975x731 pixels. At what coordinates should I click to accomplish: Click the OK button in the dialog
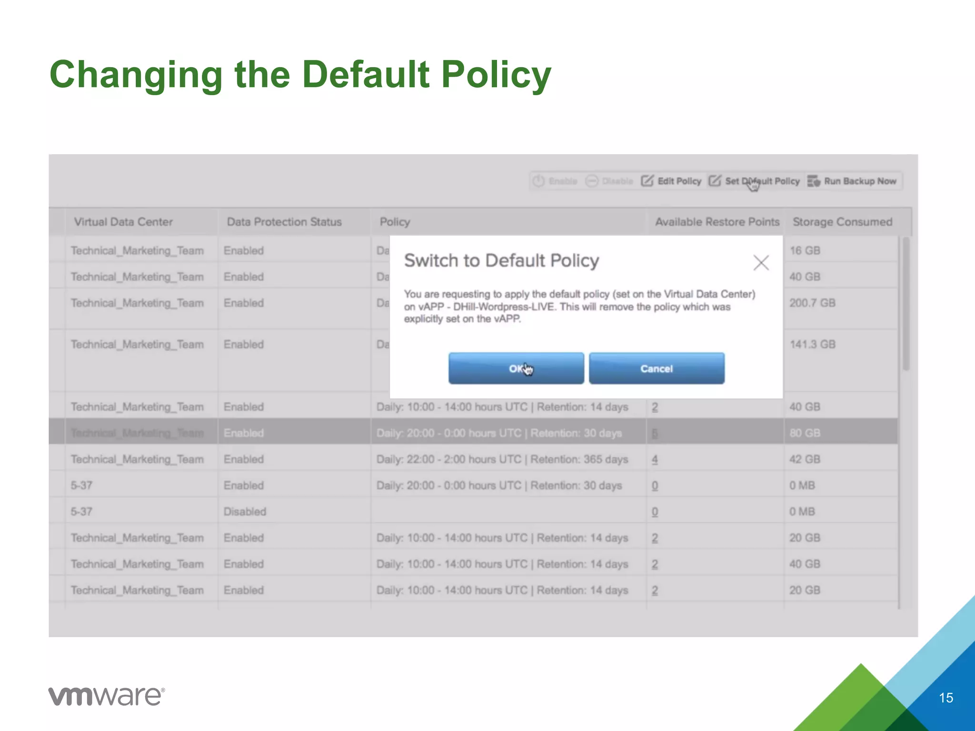516,368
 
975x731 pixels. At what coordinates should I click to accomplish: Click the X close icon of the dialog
761,262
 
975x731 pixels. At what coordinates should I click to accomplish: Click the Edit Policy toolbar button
671,181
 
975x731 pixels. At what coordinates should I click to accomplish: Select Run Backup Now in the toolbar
852,181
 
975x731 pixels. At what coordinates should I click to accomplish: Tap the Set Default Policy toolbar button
755,181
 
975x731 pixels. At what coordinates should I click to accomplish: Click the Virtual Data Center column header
123,222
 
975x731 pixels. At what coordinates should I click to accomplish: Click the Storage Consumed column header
842,222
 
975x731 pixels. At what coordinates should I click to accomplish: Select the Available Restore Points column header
716,222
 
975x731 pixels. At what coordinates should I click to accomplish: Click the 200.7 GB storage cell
812,303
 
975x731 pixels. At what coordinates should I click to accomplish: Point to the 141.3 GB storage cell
812,345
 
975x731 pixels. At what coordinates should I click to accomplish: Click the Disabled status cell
245,512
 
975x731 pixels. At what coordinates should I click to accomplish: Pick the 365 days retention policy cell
502,459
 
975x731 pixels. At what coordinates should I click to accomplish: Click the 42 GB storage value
805,459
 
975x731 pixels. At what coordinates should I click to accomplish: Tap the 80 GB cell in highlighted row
805,433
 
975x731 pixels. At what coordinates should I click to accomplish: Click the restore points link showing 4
655,460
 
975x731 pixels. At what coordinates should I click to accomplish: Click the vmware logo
107,696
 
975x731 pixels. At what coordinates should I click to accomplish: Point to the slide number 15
945,698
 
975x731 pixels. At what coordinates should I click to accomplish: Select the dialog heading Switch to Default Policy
501,261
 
